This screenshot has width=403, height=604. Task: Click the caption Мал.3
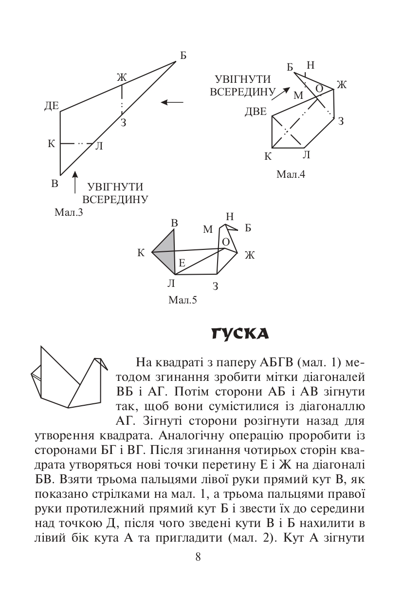tap(69, 212)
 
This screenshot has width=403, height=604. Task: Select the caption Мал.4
tap(291, 174)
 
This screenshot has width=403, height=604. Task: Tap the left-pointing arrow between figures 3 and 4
tap(172, 102)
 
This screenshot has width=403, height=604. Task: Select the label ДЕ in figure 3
tap(51, 106)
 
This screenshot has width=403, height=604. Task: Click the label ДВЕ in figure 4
tap(256, 112)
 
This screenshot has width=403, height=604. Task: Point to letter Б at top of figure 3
tap(183, 56)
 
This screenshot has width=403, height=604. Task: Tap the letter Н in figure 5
tap(230, 216)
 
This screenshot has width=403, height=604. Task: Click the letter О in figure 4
tap(319, 88)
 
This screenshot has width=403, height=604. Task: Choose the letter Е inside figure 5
tap(182, 264)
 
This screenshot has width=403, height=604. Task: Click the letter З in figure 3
tap(123, 123)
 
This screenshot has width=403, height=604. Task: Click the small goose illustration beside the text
tap(68, 377)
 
